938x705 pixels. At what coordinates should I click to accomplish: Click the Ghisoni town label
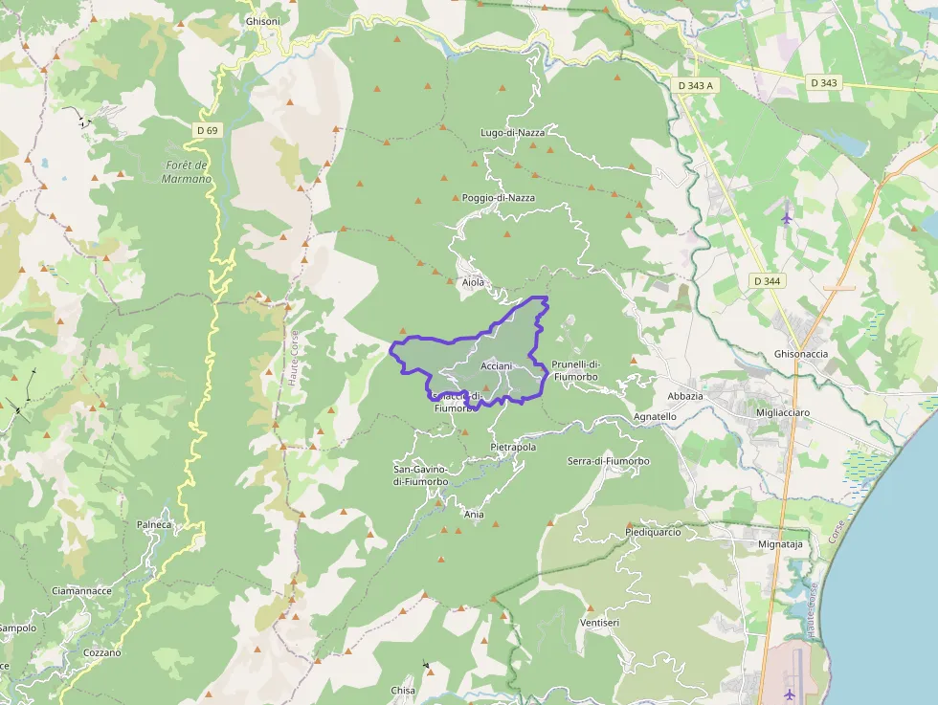(262, 21)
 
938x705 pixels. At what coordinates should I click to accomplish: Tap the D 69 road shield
(207, 130)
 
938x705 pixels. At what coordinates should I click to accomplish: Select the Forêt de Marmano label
(187, 172)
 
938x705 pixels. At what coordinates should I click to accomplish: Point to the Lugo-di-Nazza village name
(512, 133)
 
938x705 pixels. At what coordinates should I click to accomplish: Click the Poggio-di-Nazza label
(498, 198)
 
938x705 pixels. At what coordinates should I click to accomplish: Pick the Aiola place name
(473, 282)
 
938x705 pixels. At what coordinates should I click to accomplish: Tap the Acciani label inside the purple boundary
(497, 366)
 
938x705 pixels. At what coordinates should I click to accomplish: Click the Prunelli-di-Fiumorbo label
(575, 370)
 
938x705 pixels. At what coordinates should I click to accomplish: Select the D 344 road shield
(768, 281)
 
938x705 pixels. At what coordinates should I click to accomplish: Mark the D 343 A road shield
(696, 86)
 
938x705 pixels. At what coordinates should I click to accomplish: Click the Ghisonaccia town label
(800, 354)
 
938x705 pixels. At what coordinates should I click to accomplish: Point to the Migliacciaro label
(783, 412)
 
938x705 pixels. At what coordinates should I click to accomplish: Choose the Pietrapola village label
(513, 447)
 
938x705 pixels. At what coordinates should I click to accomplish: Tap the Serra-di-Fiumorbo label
(608, 461)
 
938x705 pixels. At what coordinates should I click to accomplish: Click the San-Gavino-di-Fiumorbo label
(421, 475)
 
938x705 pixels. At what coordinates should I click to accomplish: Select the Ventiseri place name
(599, 623)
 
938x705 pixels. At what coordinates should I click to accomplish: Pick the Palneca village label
(154, 524)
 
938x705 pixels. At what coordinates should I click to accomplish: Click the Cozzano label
(102, 652)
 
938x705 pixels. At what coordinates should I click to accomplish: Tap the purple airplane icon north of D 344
(787, 216)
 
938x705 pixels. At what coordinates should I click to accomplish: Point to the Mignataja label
(779, 543)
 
